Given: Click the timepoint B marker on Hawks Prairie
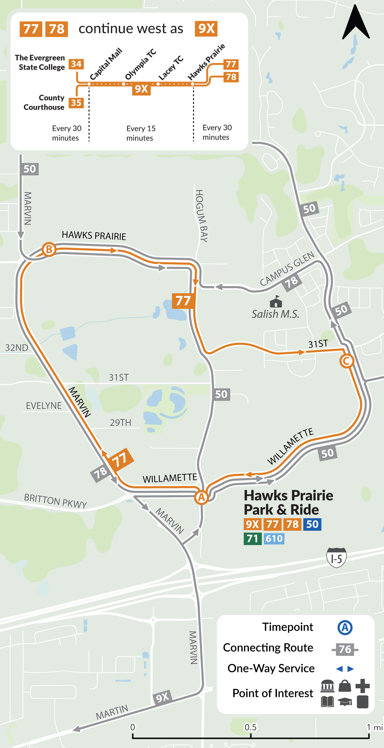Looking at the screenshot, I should pos(49,249).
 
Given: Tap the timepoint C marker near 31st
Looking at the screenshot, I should pos(346,361).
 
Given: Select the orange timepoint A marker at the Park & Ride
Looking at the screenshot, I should pos(201,497).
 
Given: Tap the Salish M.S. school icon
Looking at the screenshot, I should pos(276,302).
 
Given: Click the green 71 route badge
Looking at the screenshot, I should pos(252,539).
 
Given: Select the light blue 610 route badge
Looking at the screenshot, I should pos(274,539).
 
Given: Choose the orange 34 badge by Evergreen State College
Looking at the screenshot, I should pos(76,64).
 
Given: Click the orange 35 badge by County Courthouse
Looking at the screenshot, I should pos(76,103).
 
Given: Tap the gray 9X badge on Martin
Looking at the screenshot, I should pos(162,697).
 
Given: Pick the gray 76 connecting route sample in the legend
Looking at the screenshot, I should pos(345,649).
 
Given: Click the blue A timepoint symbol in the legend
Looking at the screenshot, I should pos(345,627).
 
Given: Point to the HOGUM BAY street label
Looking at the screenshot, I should pos(201,216).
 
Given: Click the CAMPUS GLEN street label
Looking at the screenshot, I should pos(287,269).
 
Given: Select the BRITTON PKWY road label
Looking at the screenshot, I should pos(55,501).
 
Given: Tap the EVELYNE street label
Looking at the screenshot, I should pos(44,406).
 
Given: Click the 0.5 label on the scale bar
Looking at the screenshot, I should pos(251,727).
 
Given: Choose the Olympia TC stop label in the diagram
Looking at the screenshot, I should pos(141,64).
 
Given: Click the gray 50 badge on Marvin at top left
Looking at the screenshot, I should pos(29,169).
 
